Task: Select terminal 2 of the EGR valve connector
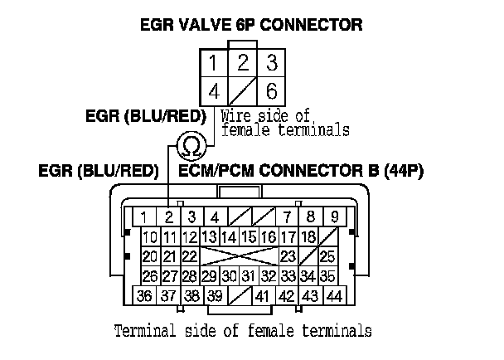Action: click(242, 63)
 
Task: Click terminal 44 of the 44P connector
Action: click(335, 296)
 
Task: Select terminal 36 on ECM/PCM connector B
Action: click(144, 296)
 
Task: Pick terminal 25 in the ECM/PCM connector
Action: click(327, 256)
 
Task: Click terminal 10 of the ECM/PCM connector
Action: click(149, 237)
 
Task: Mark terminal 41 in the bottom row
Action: click(264, 296)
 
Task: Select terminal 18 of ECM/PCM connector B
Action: click(306, 237)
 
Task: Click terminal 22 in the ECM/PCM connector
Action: click(189, 256)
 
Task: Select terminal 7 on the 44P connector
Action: click(287, 217)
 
